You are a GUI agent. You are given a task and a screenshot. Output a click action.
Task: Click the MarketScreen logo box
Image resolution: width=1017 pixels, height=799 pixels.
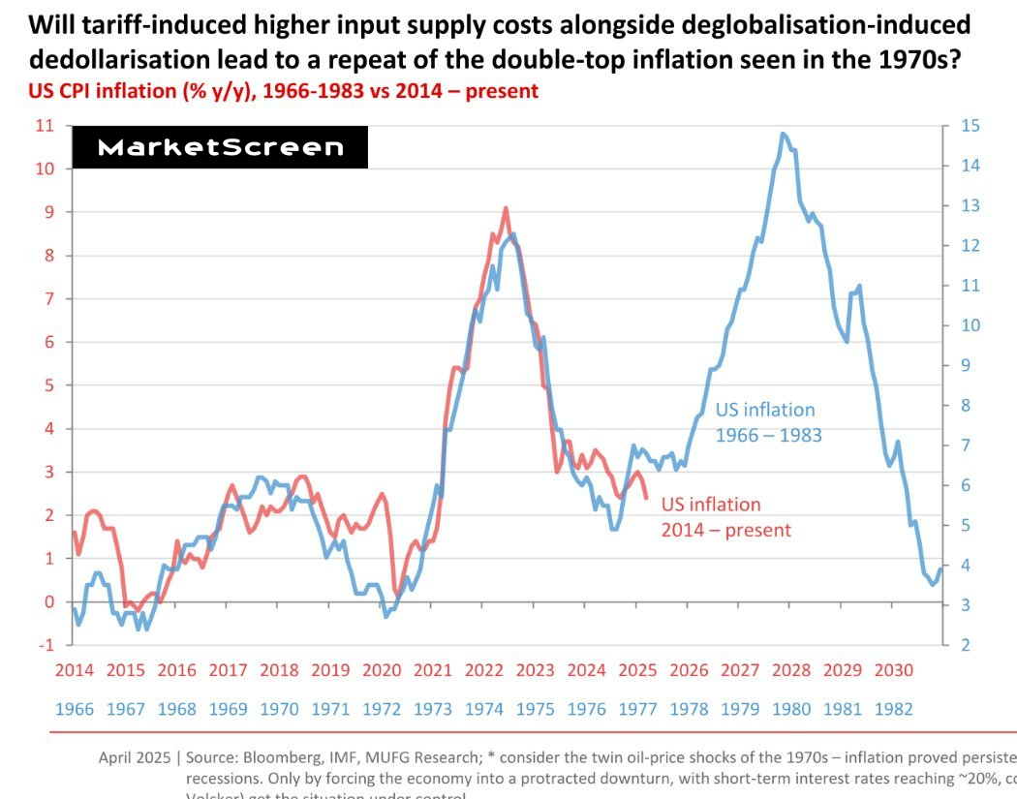point(221,147)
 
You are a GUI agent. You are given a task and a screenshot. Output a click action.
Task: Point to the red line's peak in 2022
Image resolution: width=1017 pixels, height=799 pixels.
point(506,208)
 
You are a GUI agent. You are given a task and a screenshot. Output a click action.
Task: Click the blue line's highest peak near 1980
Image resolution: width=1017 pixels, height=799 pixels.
point(782,134)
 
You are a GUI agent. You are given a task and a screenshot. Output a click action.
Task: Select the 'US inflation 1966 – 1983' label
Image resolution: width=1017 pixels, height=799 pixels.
point(768,422)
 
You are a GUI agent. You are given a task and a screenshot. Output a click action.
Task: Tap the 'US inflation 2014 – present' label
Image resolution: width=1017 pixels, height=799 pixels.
point(725,517)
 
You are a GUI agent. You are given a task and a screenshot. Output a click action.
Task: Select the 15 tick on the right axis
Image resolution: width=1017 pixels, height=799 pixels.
point(971,125)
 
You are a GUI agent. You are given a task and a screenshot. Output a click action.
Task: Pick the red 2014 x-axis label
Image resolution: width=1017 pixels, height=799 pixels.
point(75,670)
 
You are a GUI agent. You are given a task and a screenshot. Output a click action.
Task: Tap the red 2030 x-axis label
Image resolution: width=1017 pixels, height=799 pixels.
point(893,670)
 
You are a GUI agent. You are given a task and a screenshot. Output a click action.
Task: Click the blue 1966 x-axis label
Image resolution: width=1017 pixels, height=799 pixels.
point(75,709)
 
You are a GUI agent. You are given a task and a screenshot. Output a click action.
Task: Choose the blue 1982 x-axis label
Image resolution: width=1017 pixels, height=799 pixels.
point(893,709)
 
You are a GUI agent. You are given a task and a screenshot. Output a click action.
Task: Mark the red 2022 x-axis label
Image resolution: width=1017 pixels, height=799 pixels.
point(484,670)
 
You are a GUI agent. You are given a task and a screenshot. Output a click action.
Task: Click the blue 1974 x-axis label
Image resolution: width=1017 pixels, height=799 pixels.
point(484,709)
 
